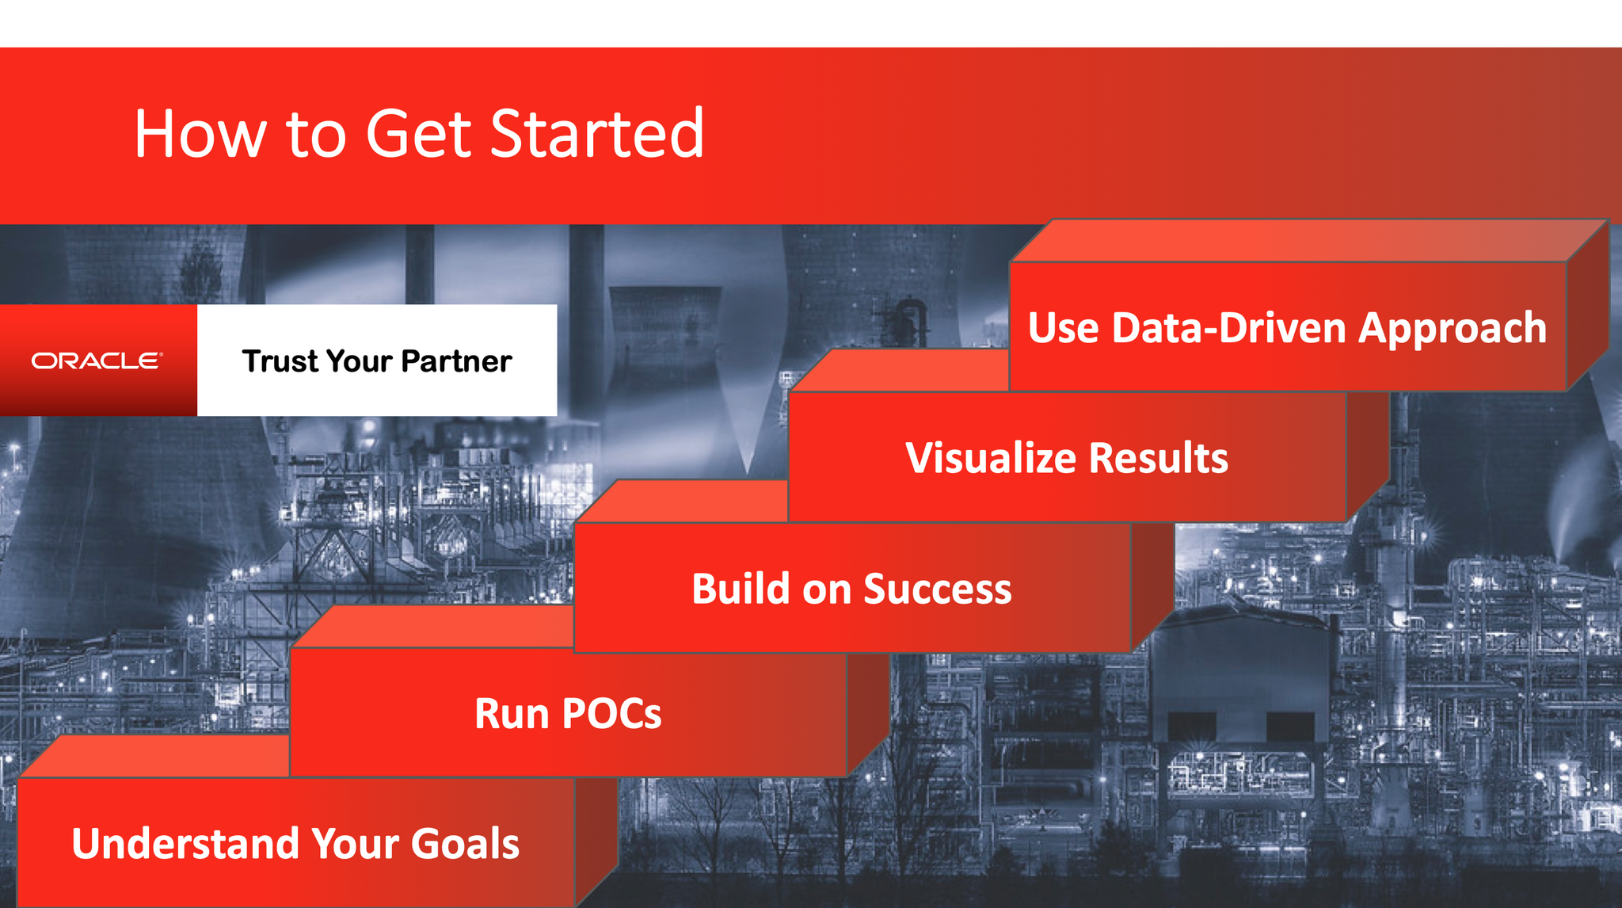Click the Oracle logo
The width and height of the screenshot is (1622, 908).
97,361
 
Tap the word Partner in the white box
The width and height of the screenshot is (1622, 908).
456,362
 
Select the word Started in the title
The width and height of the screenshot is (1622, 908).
597,133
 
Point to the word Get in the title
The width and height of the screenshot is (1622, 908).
418,133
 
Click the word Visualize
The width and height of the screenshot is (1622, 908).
991,458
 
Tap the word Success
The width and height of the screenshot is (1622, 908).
938,589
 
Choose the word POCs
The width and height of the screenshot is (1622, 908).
611,714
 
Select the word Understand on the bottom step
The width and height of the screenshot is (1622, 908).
185,843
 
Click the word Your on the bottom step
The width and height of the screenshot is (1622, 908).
354,843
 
